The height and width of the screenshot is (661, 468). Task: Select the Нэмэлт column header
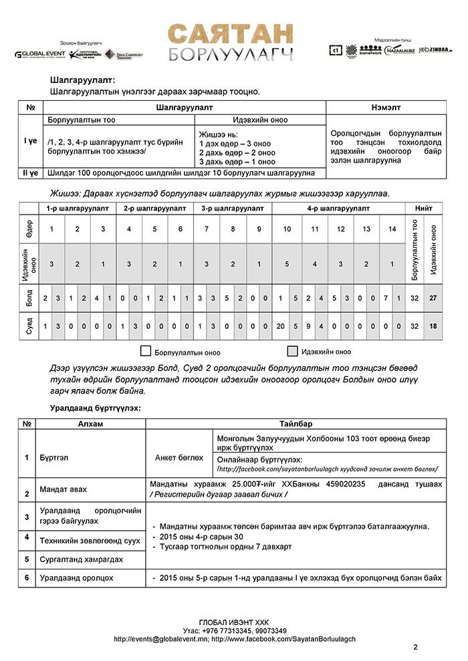tap(386, 107)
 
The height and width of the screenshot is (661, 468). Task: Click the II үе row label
tap(30, 172)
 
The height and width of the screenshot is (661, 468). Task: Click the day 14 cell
tap(392, 229)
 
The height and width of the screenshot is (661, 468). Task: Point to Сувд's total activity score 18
tap(433, 326)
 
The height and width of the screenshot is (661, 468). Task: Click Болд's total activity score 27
tap(433, 298)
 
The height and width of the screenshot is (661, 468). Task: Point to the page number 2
tap(415, 646)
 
